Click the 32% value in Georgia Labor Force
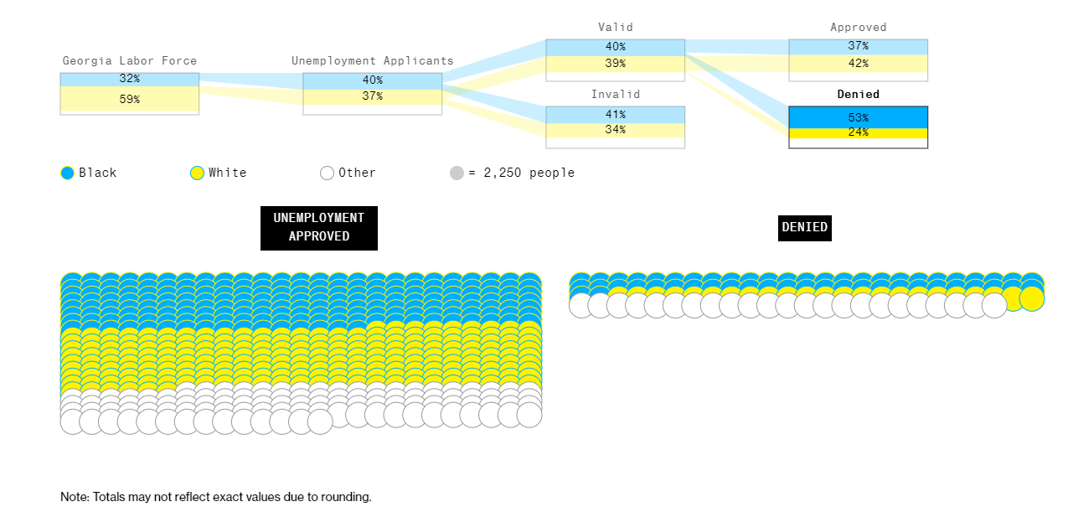[129, 78]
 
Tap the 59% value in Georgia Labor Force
[129, 99]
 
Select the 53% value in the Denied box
[859, 117]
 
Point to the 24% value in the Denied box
[859, 132]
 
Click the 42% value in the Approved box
[859, 63]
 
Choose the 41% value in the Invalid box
[615, 115]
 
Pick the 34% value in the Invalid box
[615, 129]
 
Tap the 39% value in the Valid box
[615, 63]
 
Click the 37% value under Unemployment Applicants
[372, 96]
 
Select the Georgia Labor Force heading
[130, 60]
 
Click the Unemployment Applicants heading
[373, 60]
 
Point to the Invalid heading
[616, 94]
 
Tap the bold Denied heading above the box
[859, 94]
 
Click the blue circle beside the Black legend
[67, 173]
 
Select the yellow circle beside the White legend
[197, 173]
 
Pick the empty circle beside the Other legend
[327, 173]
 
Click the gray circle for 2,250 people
[457, 173]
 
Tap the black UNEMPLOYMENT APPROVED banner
[319, 228]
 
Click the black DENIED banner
[805, 228]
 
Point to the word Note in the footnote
[75, 497]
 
